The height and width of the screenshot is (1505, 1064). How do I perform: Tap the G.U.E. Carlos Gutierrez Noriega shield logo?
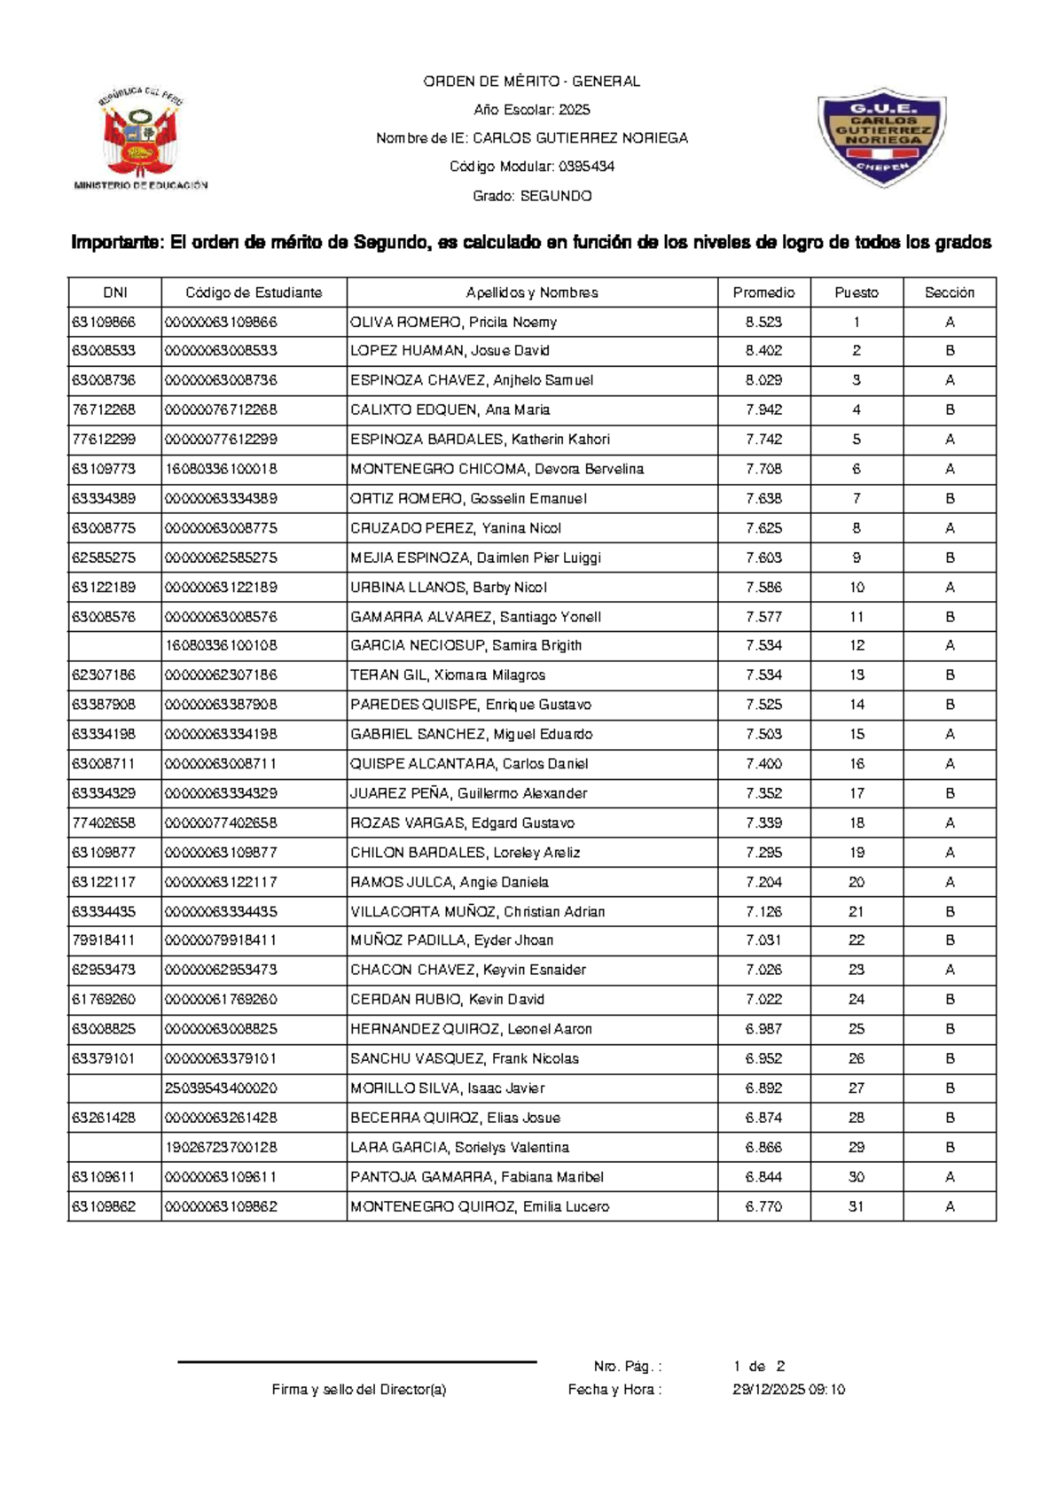pyautogui.click(x=881, y=136)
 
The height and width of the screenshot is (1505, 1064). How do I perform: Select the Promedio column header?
pyautogui.click(x=763, y=292)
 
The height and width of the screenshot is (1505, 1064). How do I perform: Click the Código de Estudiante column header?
pyautogui.click(x=254, y=292)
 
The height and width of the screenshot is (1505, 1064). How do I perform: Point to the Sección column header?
pyautogui.click(x=949, y=292)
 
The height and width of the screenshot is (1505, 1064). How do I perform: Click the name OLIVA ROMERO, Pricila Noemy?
pyautogui.click(x=453, y=322)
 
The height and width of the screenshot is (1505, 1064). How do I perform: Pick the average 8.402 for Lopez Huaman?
pyautogui.click(x=763, y=351)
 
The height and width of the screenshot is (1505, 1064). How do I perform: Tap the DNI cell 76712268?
pyautogui.click(x=104, y=409)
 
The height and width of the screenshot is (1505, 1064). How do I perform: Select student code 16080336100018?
pyautogui.click(x=221, y=469)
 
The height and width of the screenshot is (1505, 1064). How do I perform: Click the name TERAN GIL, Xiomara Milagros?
pyautogui.click(x=448, y=675)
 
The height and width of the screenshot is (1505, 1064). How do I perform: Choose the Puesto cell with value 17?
pyautogui.click(x=856, y=793)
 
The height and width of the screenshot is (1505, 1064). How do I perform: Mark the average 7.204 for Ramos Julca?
pyautogui.click(x=763, y=882)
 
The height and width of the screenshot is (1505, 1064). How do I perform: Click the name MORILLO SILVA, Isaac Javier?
pyautogui.click(x=447, y=1088)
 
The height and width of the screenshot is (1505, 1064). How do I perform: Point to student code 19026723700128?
pyautogui.click(x=221, y=1147)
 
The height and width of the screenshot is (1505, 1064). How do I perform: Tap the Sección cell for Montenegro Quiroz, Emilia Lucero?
pyautogui.click(x=949, y=1206)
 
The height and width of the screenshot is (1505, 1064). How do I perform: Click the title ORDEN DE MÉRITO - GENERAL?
pyautogui.click(x=531, y=82)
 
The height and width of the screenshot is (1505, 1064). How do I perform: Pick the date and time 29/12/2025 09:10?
pyautogui.click(x=788, y=1390)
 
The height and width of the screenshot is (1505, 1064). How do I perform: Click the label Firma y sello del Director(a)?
pyautogui.click(x=358, y=1390)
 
